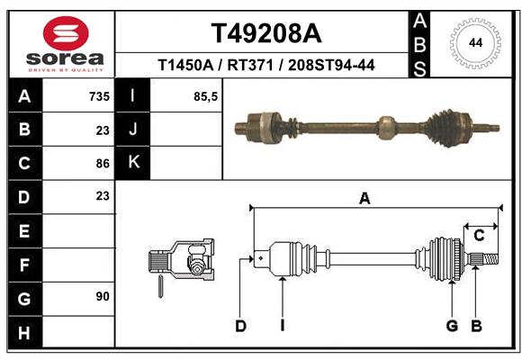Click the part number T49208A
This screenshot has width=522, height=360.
click(266, 33)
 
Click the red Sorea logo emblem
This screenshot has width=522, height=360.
click(66, 33)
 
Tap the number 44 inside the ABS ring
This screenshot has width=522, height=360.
click(476, 43)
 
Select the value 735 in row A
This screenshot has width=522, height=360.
click(99, 96)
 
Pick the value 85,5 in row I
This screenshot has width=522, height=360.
click(206, 96)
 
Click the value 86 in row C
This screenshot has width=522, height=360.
click(103, 164)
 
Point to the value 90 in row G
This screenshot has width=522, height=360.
click(103, 296)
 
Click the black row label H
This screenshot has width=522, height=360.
click(25, 333)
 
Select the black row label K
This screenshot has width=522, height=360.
click(133, 162)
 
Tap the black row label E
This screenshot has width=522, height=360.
click(25, 230)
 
